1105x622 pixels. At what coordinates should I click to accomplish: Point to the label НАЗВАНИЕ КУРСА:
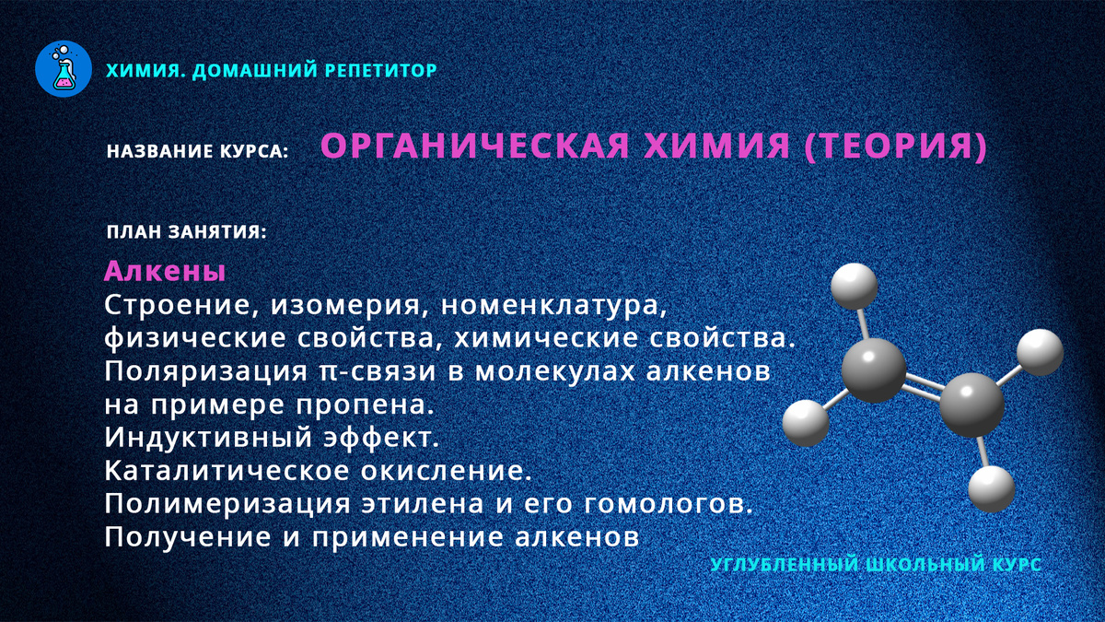(198, 150)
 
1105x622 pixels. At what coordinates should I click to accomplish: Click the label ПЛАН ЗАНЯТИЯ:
(186, 232)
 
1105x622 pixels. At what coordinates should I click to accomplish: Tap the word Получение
(183, 537)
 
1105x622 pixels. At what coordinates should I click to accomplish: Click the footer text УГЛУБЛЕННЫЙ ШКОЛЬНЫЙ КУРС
(877, 563)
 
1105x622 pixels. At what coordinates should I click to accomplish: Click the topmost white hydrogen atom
(855, 286)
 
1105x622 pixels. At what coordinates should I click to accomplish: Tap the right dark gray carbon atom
(971, 403)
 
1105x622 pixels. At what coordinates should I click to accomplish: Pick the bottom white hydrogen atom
(992, 488)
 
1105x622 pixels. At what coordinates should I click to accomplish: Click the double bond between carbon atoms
(922, 388)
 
